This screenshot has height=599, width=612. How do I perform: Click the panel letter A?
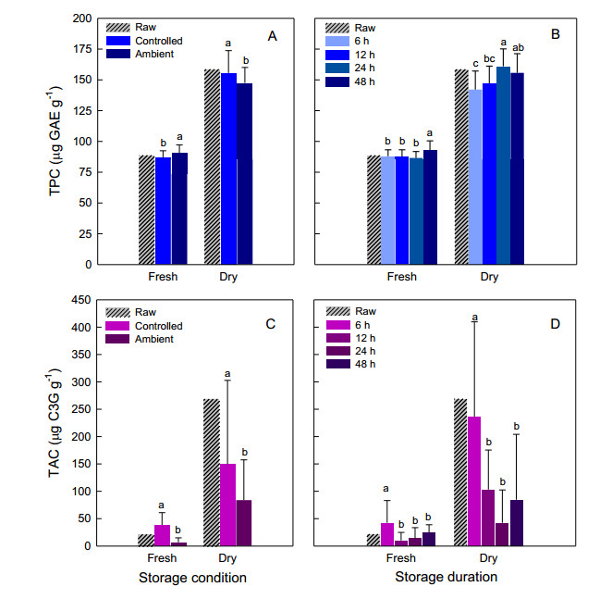(272, 35)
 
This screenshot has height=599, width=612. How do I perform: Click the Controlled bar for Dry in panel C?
(227, 505)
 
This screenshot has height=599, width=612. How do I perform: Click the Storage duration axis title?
(446, 577)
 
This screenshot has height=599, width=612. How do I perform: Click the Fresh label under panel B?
(401, 277)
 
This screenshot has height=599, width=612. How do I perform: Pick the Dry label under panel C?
(226, 558)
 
